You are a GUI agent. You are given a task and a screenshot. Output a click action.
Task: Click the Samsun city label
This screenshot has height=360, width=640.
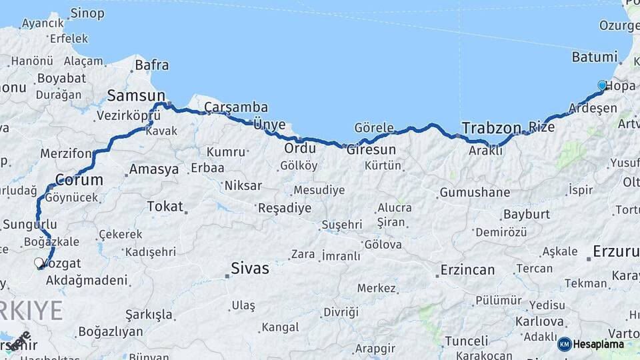131,95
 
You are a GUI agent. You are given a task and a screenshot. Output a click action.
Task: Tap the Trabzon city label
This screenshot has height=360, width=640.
491,127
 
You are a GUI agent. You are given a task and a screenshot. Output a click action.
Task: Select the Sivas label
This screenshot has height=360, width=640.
250,269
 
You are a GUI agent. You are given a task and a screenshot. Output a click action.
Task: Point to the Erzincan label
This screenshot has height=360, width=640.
467,270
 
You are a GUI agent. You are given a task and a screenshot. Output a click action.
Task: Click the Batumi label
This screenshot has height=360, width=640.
595,57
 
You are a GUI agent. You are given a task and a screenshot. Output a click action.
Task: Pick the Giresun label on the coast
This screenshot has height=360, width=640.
371,150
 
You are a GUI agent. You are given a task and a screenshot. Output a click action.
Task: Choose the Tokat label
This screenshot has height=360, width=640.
165,207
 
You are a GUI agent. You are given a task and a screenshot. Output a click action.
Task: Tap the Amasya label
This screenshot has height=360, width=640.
153,169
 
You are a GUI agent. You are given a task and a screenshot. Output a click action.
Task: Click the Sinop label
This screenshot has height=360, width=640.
87,13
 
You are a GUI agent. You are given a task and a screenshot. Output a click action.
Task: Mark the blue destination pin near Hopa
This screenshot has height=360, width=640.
602,85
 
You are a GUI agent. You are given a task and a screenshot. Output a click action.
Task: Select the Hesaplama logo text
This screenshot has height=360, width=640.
599,344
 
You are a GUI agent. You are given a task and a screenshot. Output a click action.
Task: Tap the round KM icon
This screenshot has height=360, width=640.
565,344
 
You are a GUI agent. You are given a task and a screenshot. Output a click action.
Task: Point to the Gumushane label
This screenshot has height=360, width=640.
474,193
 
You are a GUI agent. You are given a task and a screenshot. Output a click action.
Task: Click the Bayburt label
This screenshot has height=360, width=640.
527,215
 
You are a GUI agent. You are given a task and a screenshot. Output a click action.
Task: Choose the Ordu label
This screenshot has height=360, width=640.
300,148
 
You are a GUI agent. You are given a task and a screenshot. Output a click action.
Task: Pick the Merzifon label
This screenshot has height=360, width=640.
65,153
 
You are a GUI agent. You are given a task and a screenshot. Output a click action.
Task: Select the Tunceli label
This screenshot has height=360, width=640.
467,341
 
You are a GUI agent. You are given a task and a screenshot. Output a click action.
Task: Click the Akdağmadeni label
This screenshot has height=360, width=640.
87,280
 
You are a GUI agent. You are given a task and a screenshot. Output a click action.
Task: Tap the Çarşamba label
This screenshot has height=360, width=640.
236,107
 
